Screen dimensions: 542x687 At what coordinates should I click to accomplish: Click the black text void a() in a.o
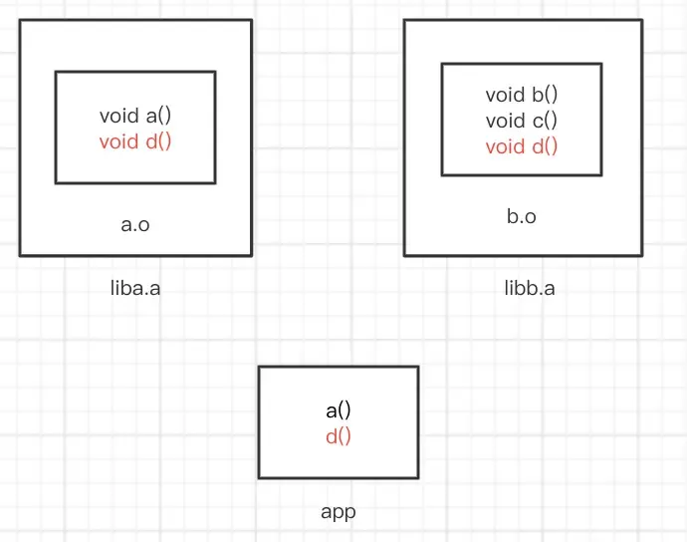[x=135, y=115]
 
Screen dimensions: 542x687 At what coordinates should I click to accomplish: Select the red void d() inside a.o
[x=135, y=140]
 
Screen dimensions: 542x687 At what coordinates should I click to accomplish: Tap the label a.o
[x=135, y=224]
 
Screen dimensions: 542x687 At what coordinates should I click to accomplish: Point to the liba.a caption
[x=135, y=289]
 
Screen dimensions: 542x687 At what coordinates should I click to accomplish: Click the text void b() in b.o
[x=521, y=95]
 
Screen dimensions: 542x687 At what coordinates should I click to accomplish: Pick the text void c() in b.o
[x=521, y=121]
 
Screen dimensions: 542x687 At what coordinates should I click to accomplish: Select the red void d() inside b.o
[x=521, y=146]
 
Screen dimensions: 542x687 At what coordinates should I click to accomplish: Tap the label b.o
[x=522, y=216]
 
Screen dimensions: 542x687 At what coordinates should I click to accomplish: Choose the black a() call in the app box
[x=339, y=409]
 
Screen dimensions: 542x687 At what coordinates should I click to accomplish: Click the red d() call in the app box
[x=339, y=435]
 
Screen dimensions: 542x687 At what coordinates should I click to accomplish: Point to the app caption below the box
[x=339, y=512]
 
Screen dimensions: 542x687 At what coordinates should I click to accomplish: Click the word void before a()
[x=118, y=115]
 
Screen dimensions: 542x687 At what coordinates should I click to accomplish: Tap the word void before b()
[x=504, y=95]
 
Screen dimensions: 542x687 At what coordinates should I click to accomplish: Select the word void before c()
[x=504, y=121]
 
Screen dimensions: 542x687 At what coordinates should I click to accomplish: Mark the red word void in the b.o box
[x=504, y=146]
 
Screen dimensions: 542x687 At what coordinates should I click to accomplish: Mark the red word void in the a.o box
[x=118, y=140]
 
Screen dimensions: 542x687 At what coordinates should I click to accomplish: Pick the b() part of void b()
[x=543, y=95]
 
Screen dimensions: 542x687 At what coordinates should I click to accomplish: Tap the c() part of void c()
[x=543, y=121]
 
